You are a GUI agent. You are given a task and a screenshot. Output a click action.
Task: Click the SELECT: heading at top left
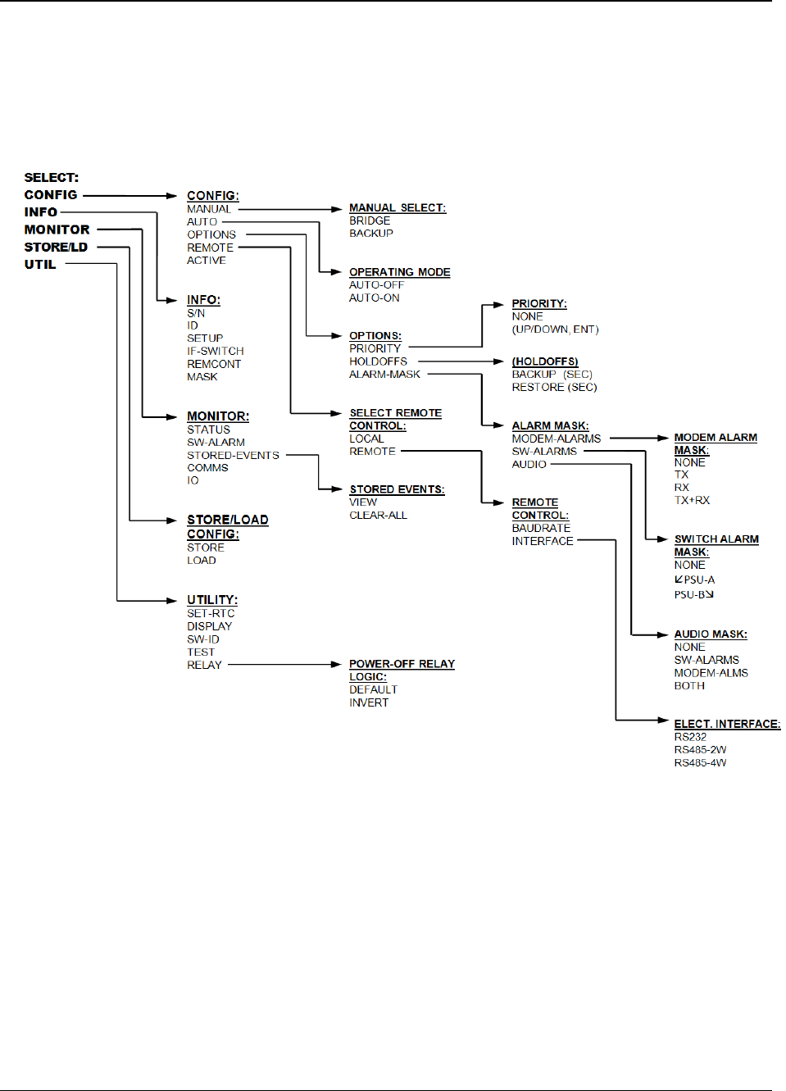pos(51,178)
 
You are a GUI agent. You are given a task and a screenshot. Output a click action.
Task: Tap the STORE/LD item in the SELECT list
pos(56,248)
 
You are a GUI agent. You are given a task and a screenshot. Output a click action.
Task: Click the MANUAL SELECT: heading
pos(398,208)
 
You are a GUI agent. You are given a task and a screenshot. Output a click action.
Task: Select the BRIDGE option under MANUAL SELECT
pos(370,221)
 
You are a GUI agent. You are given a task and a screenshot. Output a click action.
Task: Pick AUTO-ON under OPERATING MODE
pos(375,298)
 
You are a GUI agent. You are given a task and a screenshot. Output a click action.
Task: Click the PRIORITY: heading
pos(539,304)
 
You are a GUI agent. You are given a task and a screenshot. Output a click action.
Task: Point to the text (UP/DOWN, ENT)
pos(556,330)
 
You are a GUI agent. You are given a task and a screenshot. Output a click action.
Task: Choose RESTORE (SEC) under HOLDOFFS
pos(554,388)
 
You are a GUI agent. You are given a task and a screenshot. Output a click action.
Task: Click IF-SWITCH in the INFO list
pos(216,352)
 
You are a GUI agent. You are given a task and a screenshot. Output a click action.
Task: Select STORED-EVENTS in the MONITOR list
pos(233,456)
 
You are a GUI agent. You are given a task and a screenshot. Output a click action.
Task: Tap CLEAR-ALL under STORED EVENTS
pos(378,516)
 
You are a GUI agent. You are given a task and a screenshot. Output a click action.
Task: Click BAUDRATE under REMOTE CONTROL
pos(541,529)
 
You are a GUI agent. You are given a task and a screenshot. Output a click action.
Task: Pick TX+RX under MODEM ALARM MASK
pos(692,501)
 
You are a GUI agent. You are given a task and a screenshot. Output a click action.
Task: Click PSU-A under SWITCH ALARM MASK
pos(698,580)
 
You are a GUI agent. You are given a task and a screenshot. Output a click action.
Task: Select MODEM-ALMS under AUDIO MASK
pos(711,674)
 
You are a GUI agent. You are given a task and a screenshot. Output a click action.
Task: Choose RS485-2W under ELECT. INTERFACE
pos(700,750)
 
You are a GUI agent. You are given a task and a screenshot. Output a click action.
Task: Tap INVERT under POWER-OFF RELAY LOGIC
pos(369,703)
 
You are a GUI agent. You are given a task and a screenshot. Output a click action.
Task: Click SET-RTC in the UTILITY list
pos(211,614)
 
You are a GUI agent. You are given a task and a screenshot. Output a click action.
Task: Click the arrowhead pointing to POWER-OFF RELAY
pos(335,665)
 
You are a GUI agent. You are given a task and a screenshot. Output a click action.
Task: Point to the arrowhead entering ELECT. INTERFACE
pos(663,721)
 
